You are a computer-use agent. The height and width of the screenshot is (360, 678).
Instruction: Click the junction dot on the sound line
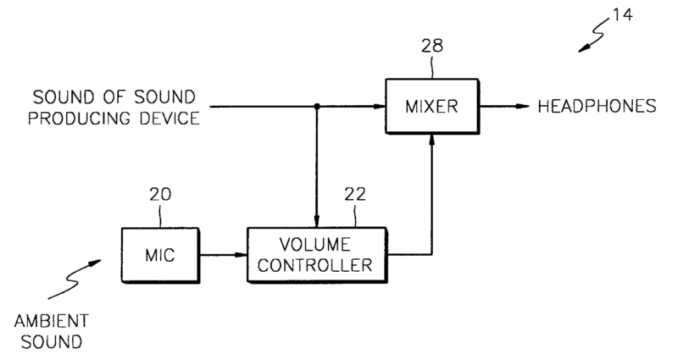(x=316, y=107)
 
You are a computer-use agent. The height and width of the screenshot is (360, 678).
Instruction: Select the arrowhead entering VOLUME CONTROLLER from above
(x=316, y=222)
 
